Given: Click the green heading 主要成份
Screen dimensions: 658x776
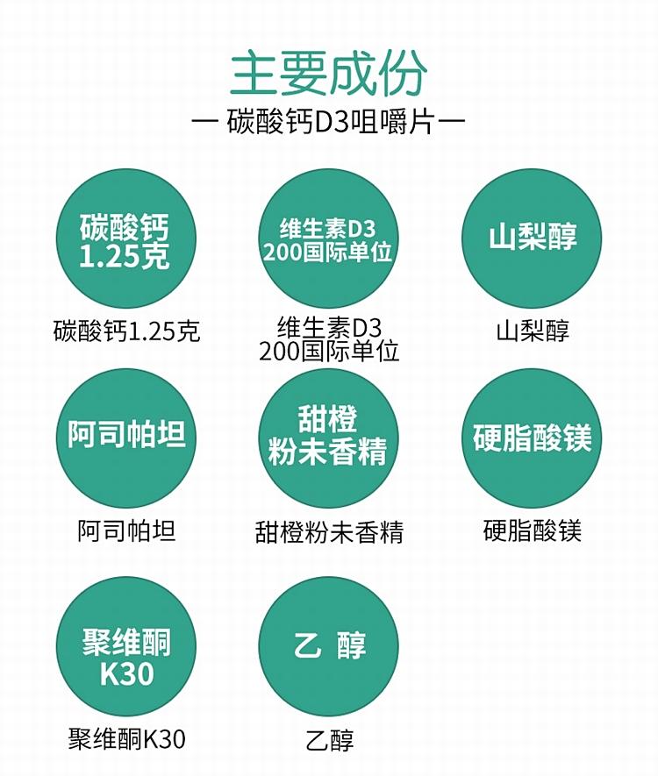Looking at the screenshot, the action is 329,74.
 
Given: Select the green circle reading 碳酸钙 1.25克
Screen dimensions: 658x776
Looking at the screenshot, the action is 125,239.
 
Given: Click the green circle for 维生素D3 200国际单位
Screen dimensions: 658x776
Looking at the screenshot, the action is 328,239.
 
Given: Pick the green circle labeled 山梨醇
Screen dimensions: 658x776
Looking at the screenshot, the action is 532,239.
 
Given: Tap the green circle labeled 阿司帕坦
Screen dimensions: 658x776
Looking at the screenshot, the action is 125,438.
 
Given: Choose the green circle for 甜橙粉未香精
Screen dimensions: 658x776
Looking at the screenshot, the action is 328,438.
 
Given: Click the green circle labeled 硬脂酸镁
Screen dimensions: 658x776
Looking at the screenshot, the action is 532,438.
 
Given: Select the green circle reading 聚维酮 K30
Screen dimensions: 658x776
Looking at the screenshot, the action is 125,646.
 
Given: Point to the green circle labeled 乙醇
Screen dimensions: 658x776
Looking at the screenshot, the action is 328,646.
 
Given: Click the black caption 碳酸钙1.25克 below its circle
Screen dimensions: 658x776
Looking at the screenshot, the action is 126,331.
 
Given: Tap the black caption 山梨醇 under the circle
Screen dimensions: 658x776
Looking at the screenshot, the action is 533,331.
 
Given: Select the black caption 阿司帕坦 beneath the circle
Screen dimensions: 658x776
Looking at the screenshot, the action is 126,531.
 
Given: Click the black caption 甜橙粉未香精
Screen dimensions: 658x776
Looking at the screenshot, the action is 329,532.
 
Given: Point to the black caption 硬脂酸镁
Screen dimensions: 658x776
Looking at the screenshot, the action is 533,531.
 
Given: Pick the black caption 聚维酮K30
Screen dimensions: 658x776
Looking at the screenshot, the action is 126,739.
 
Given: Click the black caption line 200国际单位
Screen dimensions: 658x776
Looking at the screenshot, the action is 329,352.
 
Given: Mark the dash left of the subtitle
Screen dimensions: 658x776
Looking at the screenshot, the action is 204,120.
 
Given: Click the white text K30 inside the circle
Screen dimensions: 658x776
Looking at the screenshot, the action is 126,673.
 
